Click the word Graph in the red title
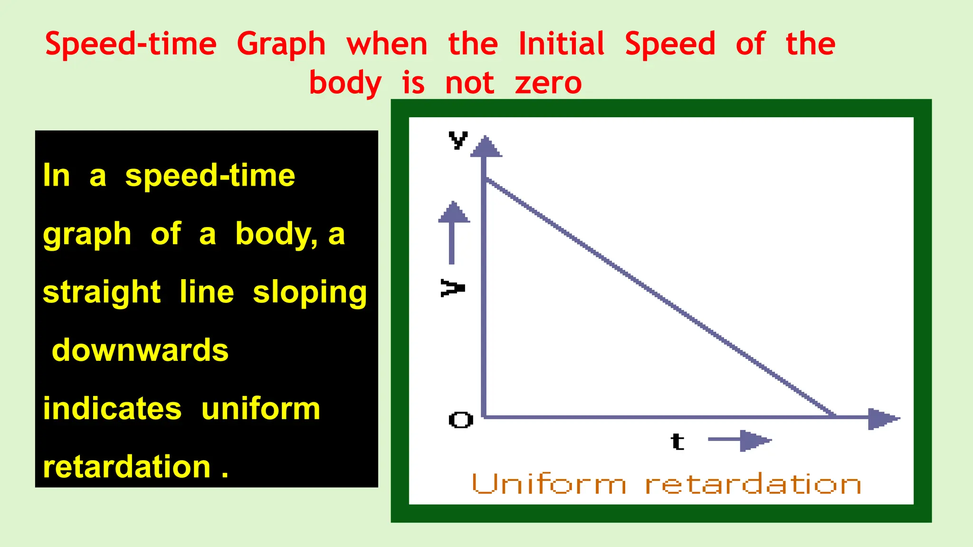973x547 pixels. click(281, 45)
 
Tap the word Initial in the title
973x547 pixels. click(561, 44)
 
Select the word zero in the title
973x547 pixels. click(548, 83)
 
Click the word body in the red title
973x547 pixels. click(345, 84)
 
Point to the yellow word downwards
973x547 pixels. click(140, 350)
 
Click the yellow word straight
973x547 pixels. click(102, 292)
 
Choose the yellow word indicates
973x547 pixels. click(112, 409)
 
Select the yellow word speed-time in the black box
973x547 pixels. click(210, 176)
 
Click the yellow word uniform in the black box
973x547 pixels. click(261, 409)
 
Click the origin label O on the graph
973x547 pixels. click(460, 420)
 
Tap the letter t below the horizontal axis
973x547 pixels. click(677, 442)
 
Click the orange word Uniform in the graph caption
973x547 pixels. click(549, 485)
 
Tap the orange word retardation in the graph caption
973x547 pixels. click(753, 485)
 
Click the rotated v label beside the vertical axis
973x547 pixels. click(452, 288)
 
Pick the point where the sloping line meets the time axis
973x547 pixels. click(835, 416)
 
